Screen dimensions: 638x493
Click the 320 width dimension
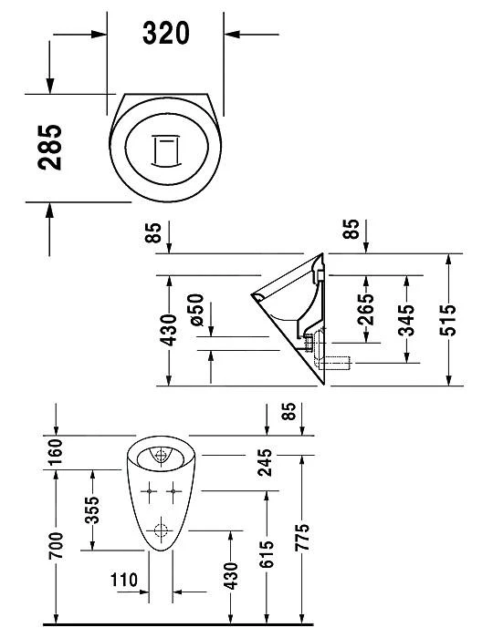click(165, 34)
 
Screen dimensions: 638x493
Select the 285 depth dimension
click(51, 149)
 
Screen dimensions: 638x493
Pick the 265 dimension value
click(365, 311)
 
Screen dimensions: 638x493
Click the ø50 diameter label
click(194, 311)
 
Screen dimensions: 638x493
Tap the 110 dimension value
click(123, 580)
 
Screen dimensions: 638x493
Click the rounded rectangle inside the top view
click(165, 149)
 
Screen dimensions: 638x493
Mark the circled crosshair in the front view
click(163, 529)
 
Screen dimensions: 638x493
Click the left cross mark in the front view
click(148, 493)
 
